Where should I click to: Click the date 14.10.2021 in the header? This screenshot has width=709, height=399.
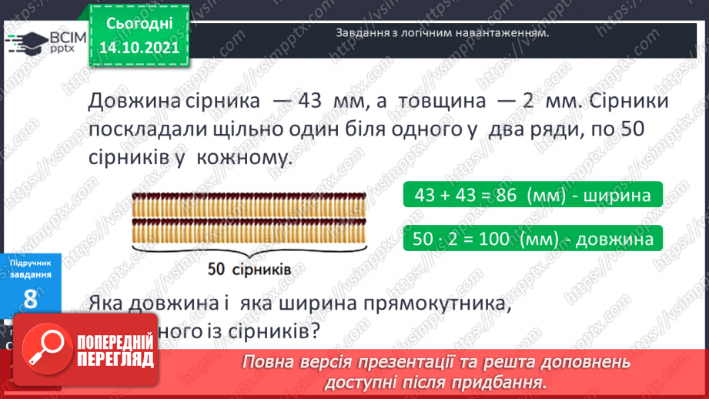pos(140,46)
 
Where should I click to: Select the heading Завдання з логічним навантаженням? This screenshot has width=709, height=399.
pos(443,34)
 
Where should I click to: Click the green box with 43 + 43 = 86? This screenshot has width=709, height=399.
pos(531,195)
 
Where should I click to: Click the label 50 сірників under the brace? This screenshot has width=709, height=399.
pos(249,270)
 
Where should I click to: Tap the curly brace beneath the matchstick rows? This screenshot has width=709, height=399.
pos(249,250)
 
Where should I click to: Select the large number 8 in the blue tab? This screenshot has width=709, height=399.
pos(31,299)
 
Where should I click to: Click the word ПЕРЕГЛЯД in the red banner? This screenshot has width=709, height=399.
pos(115,360)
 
